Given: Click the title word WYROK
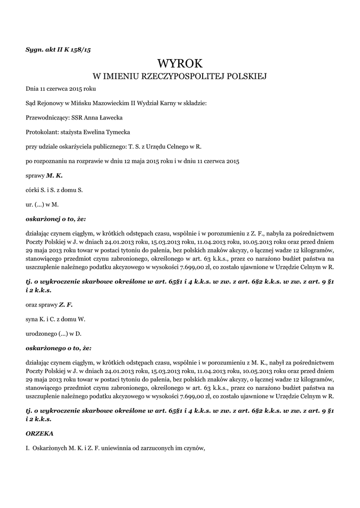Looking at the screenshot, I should point(180,63).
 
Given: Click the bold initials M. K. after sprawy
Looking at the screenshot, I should point(55,175).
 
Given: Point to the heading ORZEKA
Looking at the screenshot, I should point(39,433).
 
